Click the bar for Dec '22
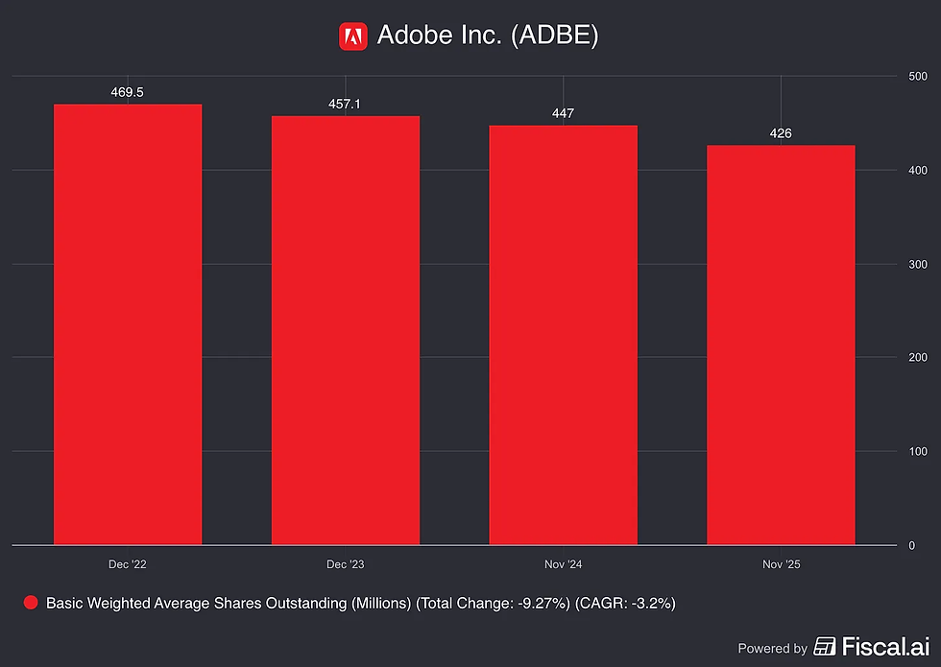128,324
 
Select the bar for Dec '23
346,330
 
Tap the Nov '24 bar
563,335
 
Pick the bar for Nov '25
781,345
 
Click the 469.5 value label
127,92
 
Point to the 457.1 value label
345,105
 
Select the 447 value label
563,113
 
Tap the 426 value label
781,133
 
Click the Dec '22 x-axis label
127,564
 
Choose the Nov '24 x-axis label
563,564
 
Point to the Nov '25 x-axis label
782,564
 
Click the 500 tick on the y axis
918,76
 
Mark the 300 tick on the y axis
918,265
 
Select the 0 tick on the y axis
912,546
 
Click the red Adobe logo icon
353,36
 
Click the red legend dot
31,603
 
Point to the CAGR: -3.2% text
625,604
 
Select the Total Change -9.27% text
493,604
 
